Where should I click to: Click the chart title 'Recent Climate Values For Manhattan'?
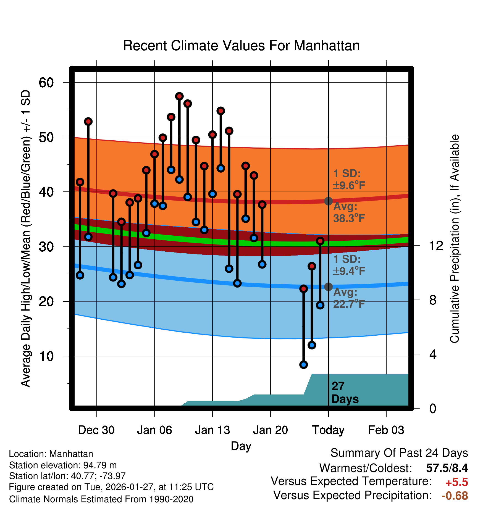(x=241, y=46)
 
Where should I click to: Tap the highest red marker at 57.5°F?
(x=179, y=96)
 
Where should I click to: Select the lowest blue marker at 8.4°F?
(x=303, y=365)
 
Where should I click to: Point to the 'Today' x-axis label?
(x=328, y=430)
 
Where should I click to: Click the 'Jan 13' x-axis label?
(x=212, y=430)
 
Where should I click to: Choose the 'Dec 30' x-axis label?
(x=96, y=430)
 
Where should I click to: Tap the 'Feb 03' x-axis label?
(x=386, y=430)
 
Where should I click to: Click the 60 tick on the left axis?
(x=46, y=82)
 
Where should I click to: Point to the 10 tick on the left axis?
(x=46, y=356)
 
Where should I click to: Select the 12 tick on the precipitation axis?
(x=436, y=246)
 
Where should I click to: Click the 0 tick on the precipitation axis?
(x=433, y=408)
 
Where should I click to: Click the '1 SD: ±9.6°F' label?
(x=349, y=179)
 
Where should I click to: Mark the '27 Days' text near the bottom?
(x=345, y=393)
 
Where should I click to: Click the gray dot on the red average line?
(x=328, y=201)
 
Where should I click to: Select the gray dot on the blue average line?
(x=328, y=287)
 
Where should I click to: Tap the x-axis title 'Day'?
(x=241, y=446)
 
